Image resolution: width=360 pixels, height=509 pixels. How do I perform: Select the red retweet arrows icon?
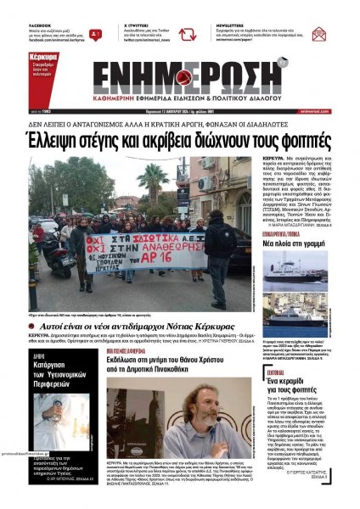(97, 34)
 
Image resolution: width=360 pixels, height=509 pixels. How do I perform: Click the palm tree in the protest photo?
(155, 182)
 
